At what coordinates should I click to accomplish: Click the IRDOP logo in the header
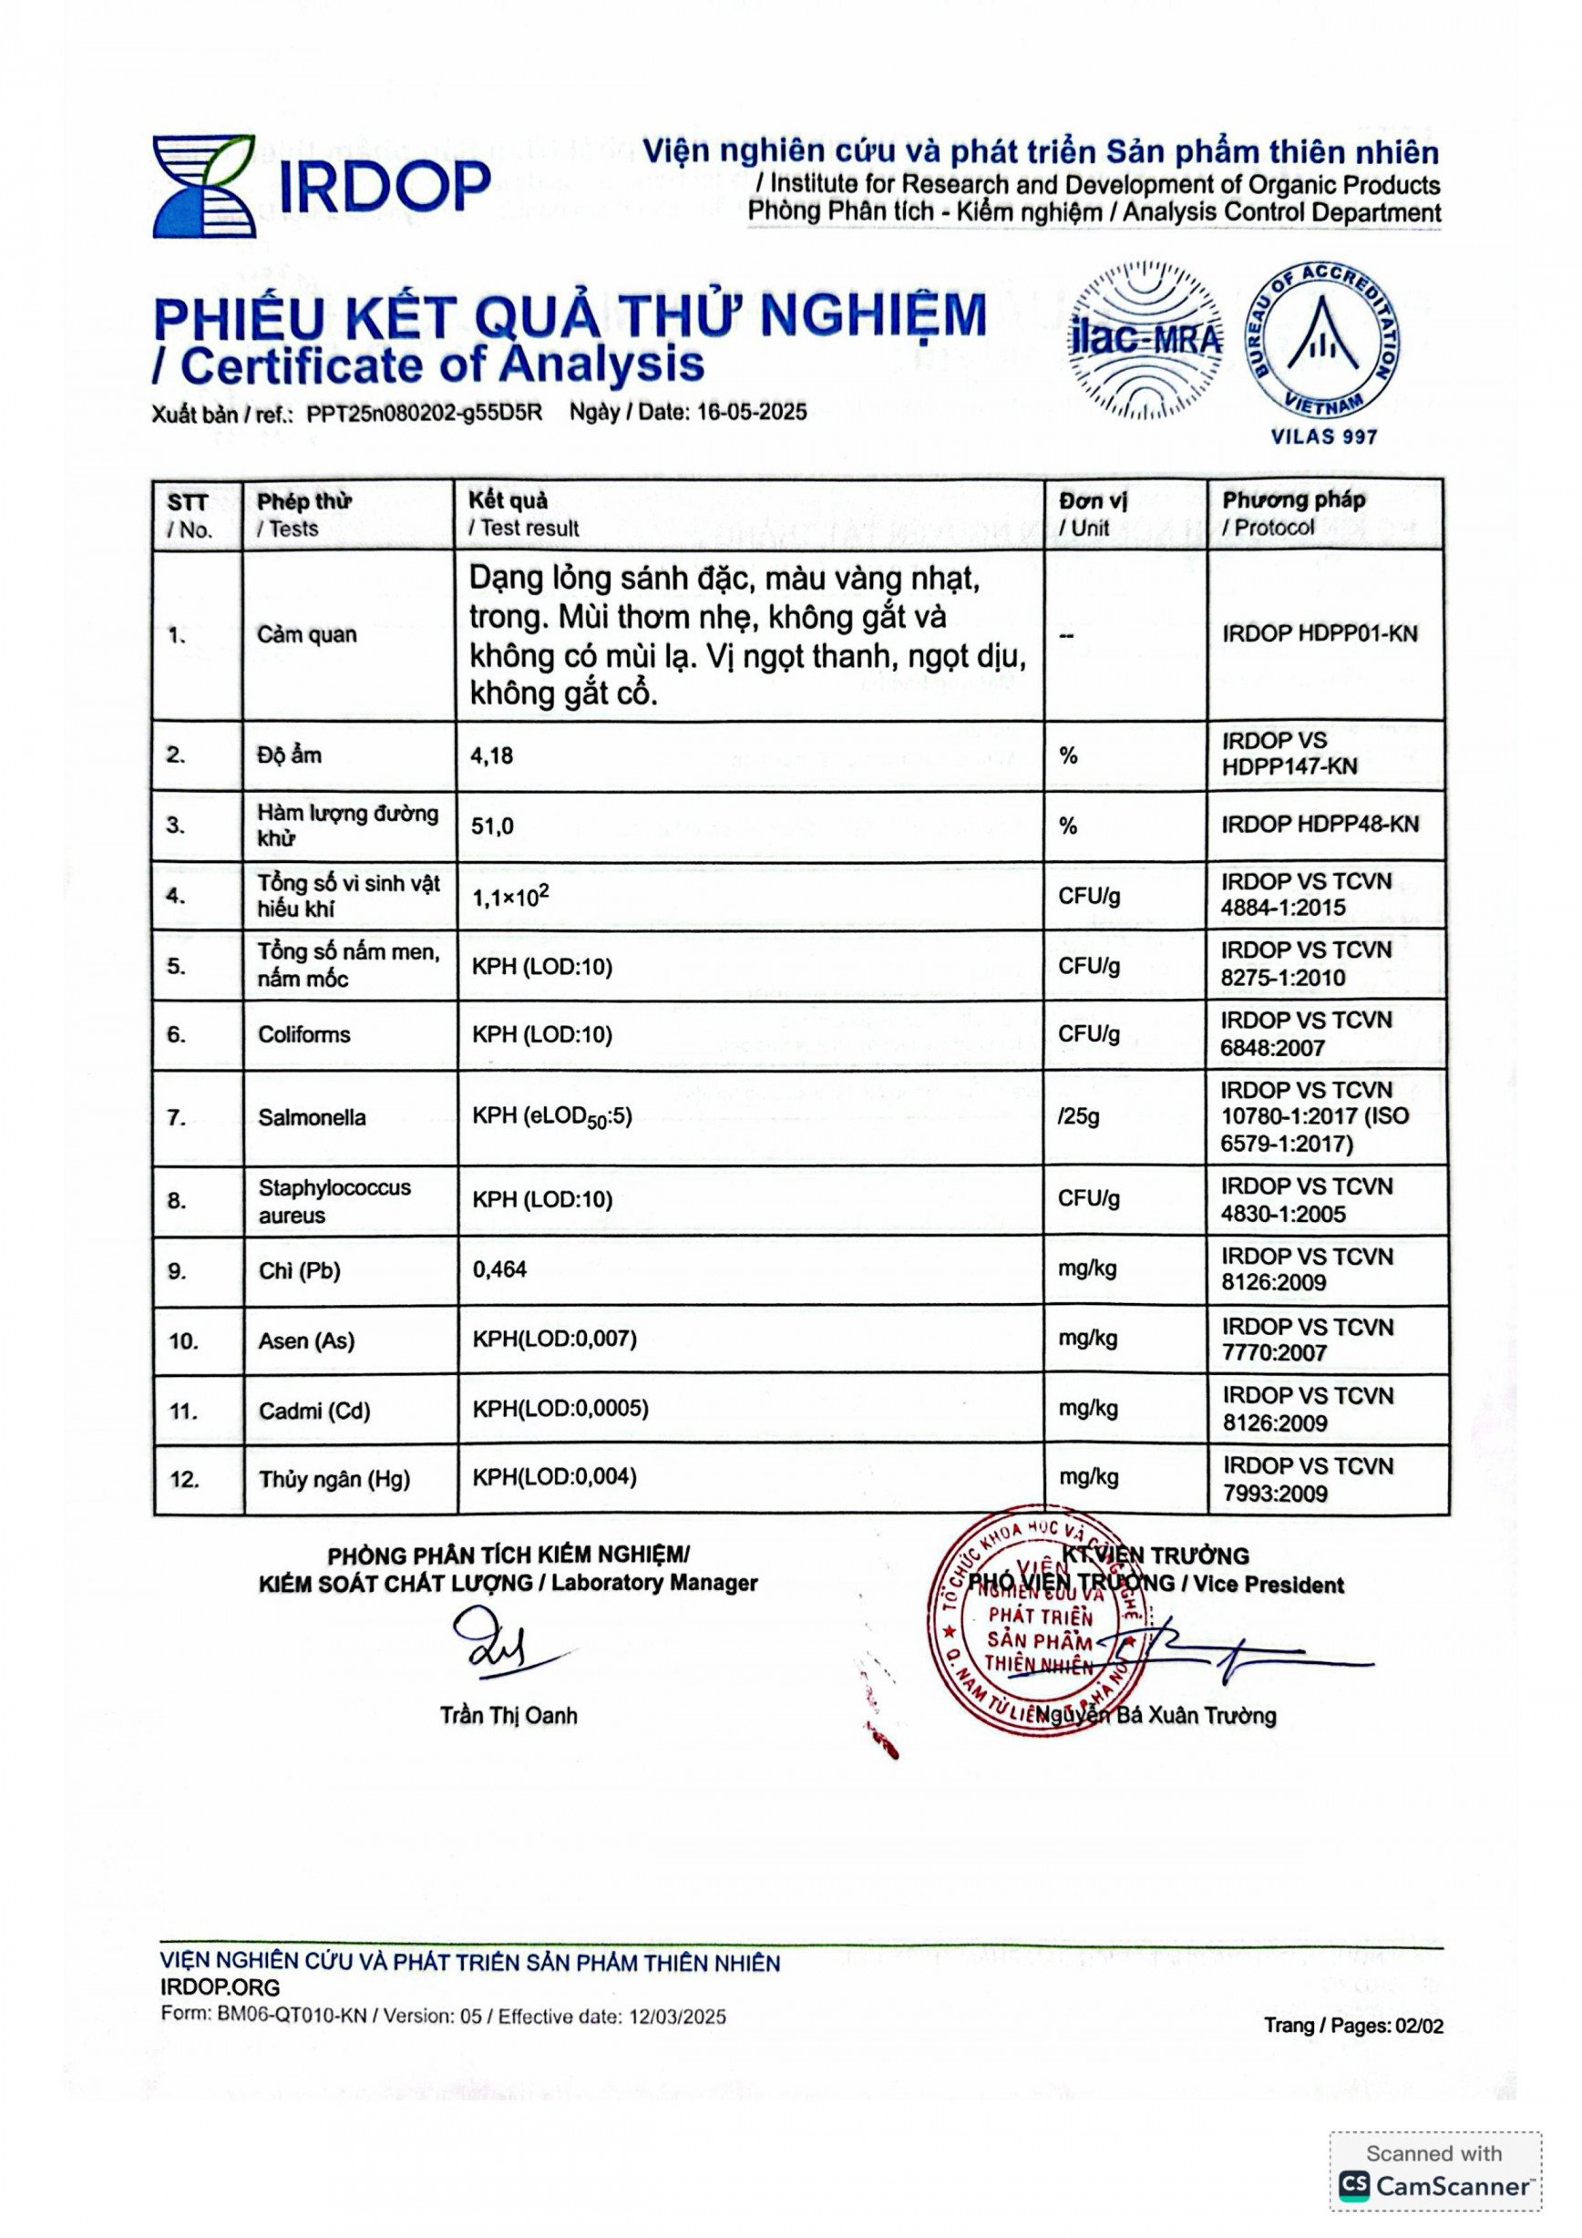(x=321, y=186)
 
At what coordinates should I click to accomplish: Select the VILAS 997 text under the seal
(x=1324, y=436)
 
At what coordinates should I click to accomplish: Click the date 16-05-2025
(x=752, y=412)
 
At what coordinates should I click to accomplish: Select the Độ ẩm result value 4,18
(x=492, y=755)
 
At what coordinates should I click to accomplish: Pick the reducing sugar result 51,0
(x=492, y=826)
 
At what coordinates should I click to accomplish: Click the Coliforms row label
(x=303, y=1034)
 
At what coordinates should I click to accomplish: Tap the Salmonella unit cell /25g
(x=1079, y=1116)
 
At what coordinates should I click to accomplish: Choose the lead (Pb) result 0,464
(x=499, y=1269)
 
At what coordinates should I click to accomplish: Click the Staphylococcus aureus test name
(x=334, y=1201)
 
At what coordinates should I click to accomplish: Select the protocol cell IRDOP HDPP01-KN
(x=1319, y=633)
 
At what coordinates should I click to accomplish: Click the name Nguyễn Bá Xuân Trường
(x=1156, y=1716)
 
